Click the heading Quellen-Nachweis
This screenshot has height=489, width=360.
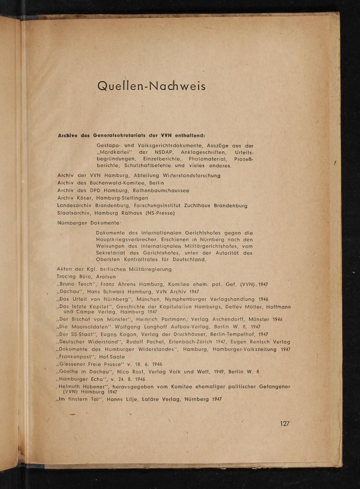[x=151, y=86]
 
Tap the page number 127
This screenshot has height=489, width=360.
[x=285, y=423]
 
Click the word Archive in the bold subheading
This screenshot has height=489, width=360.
[x=68, y=135]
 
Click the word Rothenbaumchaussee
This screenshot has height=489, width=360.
[x=161, y=190]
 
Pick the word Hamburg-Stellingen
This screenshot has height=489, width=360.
[x=122, y=198]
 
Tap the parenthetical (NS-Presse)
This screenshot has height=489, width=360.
[x=160, y=213]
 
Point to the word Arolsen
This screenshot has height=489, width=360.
[x=106, y=277]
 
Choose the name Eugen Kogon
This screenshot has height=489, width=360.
[x=119, y=334]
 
